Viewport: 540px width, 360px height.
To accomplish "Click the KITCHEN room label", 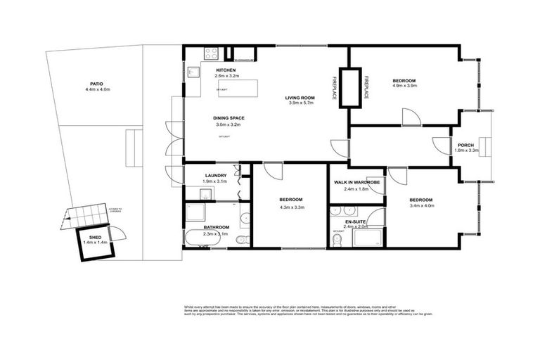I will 225,71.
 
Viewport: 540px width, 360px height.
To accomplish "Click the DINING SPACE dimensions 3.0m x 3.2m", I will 228,124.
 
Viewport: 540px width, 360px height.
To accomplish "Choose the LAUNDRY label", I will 215,176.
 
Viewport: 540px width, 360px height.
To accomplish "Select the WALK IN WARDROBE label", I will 356,183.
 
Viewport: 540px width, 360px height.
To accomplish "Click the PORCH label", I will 465,145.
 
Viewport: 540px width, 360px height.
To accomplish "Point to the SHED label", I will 95,238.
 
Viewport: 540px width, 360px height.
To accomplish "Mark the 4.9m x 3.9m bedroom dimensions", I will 404,86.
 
